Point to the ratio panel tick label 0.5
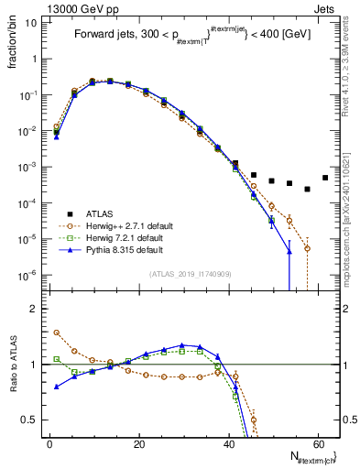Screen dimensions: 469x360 click(x=29, y=420)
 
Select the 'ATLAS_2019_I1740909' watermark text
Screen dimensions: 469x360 click(x=190, y=274)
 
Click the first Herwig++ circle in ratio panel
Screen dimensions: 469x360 click(x=56, y=333)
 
